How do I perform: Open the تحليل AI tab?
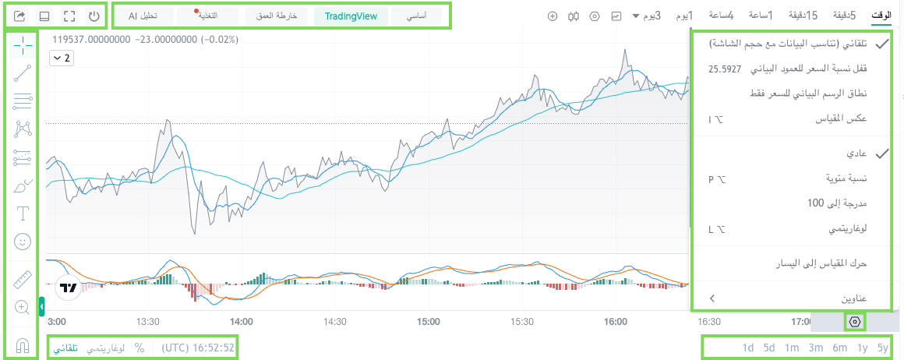pyautogui.click(x=143, y=16)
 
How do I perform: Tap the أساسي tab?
pyautogui.click(x=416, y=16)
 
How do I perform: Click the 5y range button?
pyautogui.click(x=883, y=348)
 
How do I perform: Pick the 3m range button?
pyautogui.click(x=815, y=348)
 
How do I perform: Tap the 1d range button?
pyautogui.click(x=748, y=348)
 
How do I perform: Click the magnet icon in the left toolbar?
pyautogui.click(x=22, y=345)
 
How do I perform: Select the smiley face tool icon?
pyautogui.click(x=22, y=242)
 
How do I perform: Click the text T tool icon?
pyautogui.click(x=22, y=214)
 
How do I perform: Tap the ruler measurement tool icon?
pyautogui.click(x=22, y=279)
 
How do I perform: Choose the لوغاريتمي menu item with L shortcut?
pyautogui.click(x=847, y=229)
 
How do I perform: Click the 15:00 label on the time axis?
pyautogui.click(x=428, y=321)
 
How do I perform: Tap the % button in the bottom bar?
pyautogui.click(x=139, y=348)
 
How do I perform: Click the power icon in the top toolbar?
pyautogui.click(x=94, y=16)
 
